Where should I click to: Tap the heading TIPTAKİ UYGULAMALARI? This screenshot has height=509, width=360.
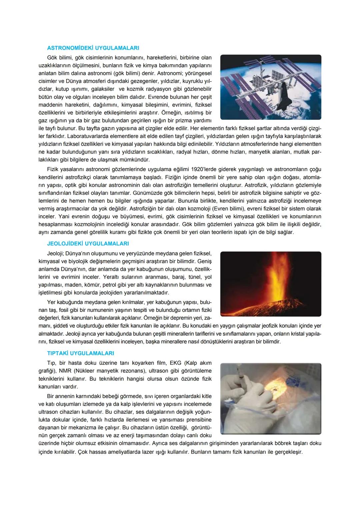point(80,353)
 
